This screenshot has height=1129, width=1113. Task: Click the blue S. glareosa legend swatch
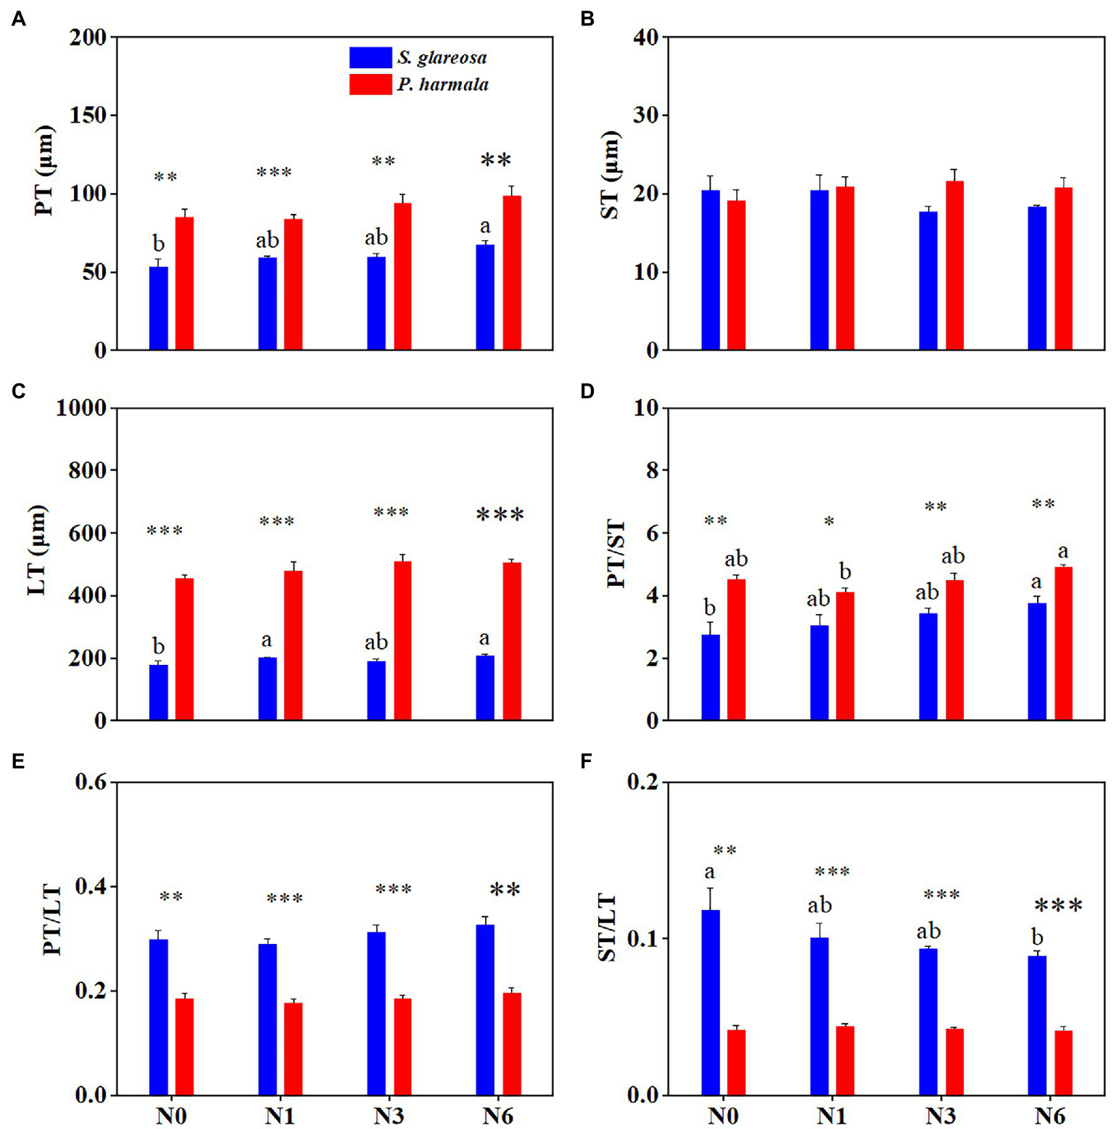click(x=370, y=57)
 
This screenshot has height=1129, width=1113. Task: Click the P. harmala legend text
click(x=442, y=85)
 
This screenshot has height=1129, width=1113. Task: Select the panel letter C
click(x=19, y=392)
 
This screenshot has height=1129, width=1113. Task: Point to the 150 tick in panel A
click(x=88, y=115)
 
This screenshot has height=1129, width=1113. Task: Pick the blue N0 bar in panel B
click(x=711, y=270)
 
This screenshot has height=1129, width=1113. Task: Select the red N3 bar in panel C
click(x=402, y=641)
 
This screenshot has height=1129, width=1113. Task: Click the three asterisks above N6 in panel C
click(x=500, y=516)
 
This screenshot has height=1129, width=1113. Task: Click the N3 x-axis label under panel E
click(x=389, y=1115)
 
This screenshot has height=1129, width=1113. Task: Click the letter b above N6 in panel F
click(x=1038, y=937)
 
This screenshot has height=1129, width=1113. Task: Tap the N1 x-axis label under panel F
click(x=831, y=1115)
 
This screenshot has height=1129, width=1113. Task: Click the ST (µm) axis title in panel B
click(x=610, y=175)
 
